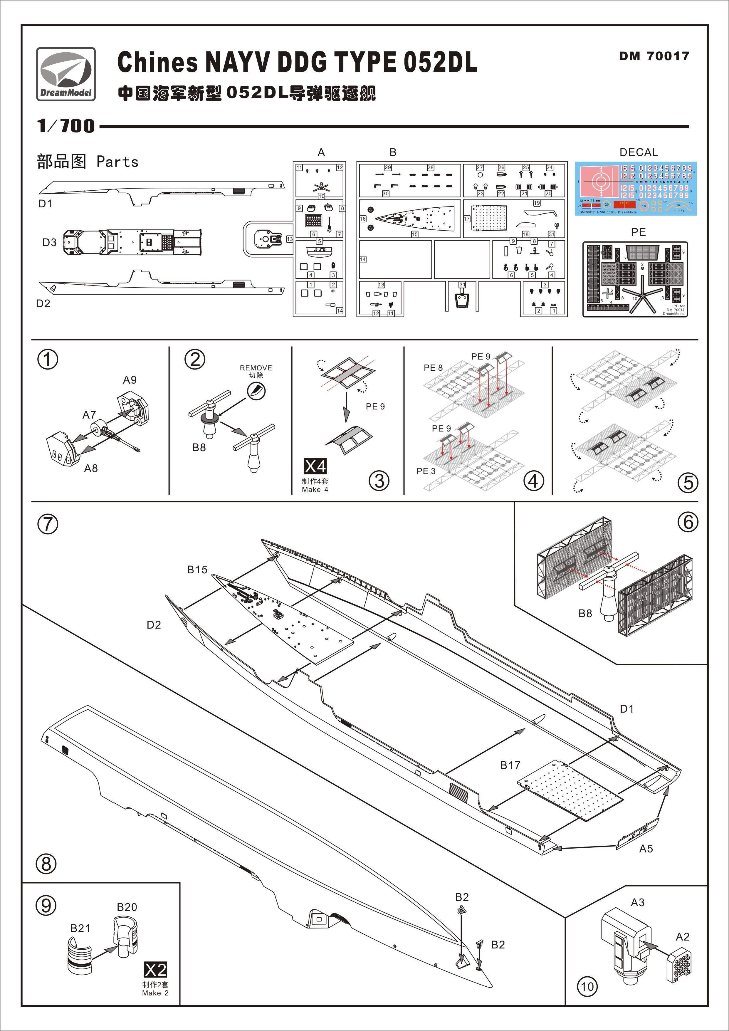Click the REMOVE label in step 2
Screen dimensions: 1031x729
(256, 368)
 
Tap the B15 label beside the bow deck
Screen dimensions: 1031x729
(197, 569)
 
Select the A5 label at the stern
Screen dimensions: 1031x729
(646, 849)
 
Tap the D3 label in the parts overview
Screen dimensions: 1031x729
(49, 243)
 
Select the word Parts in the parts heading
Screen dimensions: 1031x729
(117, 162)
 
